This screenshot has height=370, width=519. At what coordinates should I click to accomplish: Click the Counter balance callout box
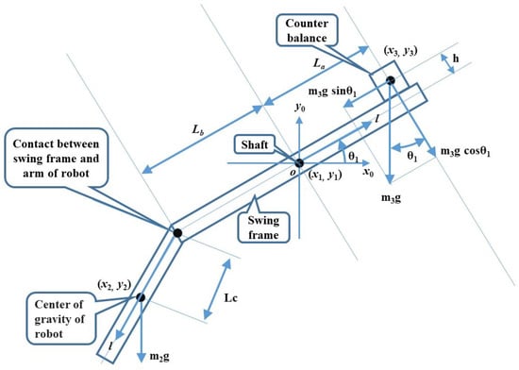point(307,30)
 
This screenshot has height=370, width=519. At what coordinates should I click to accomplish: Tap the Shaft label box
point(255,144)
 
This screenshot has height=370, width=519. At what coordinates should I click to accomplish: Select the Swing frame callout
point(263,227)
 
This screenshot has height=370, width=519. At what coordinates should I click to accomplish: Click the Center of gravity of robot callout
point(59,318)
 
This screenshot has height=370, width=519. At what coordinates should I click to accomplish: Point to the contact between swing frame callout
point(57,158)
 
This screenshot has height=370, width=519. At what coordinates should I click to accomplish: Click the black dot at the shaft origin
point(299,163)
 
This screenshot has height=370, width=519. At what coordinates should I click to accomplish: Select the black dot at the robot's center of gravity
point(141,297)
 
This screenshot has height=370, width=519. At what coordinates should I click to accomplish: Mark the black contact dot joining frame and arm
point(177,233)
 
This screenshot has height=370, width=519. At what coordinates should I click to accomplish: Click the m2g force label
point(159,357)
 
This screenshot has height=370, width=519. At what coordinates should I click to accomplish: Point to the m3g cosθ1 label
point(465,152)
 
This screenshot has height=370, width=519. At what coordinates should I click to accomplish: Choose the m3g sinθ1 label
point(332,92)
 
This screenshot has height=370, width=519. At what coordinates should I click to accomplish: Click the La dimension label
point(318,63)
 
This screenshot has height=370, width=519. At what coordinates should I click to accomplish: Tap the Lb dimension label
point(198,129)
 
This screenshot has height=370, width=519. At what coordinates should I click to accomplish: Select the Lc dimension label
point(230,298)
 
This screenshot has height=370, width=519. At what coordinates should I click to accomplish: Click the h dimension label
point(456,59)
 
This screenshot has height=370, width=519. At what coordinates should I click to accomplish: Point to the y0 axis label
point(300,108)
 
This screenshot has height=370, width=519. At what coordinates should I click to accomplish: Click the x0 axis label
point(368,172)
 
